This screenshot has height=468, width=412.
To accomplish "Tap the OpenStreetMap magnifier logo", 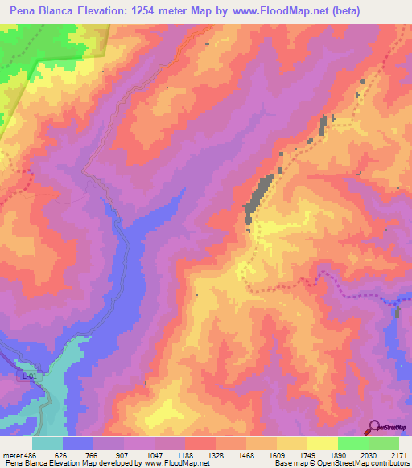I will (x=373, y=427).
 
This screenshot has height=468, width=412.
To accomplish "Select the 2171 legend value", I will (x=399, y=454).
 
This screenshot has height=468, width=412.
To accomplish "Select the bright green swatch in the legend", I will (x=352, y=442).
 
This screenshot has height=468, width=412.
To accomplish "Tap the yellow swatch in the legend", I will (x=322, y=442).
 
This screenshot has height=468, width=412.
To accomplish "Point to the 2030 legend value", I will (x=369, y=454).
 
